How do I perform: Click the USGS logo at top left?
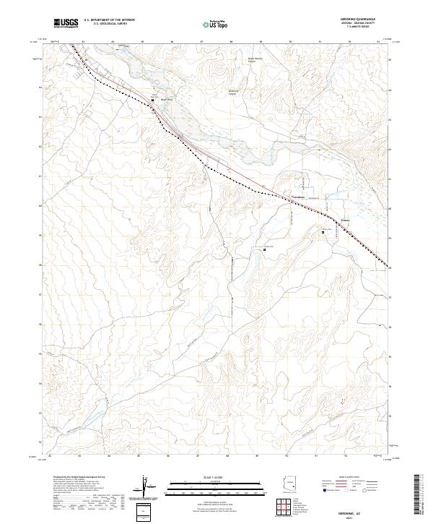click(66, 24)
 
